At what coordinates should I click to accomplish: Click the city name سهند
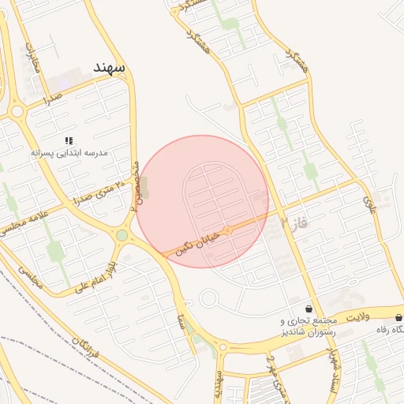click(x=108, y=67)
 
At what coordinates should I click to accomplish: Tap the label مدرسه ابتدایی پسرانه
click(x=71, y=152)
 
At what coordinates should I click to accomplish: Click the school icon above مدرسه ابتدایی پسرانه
click(x=69, y=140)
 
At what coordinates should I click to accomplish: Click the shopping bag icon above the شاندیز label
click(x=309, y=308)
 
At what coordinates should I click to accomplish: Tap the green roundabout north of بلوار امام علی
click(x=122, y=235)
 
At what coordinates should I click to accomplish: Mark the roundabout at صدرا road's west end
click(x=17, y=111)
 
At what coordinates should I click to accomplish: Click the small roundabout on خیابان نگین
click(x=228, y=230)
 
